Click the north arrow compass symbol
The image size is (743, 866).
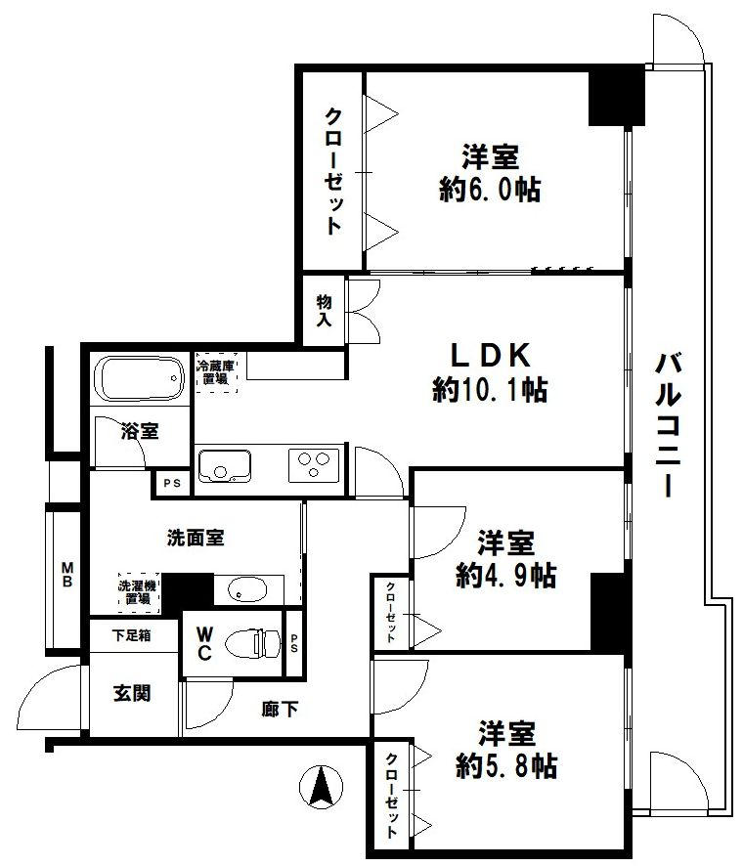(321, 787)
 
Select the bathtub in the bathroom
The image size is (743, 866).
(139, 378)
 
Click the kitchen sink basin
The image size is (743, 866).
(224, 465)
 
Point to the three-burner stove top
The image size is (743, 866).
(313, 465)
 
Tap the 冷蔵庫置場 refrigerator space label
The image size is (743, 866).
(215, 372)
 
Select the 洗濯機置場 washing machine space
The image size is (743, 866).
(138, 592)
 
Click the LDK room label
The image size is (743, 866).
(491, 355)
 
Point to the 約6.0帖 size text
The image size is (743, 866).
(490, 191)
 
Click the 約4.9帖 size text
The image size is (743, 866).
(506, 576)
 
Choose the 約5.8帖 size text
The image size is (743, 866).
(506, 765)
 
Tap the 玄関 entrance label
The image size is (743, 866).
(132, 693)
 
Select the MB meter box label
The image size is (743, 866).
(66, 574)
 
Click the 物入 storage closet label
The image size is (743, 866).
(325, 310)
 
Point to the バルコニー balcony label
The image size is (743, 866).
(668, 425)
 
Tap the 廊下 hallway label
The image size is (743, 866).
(280, 709)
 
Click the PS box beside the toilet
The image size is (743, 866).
(293, 643)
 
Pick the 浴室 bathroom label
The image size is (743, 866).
(140, 431)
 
